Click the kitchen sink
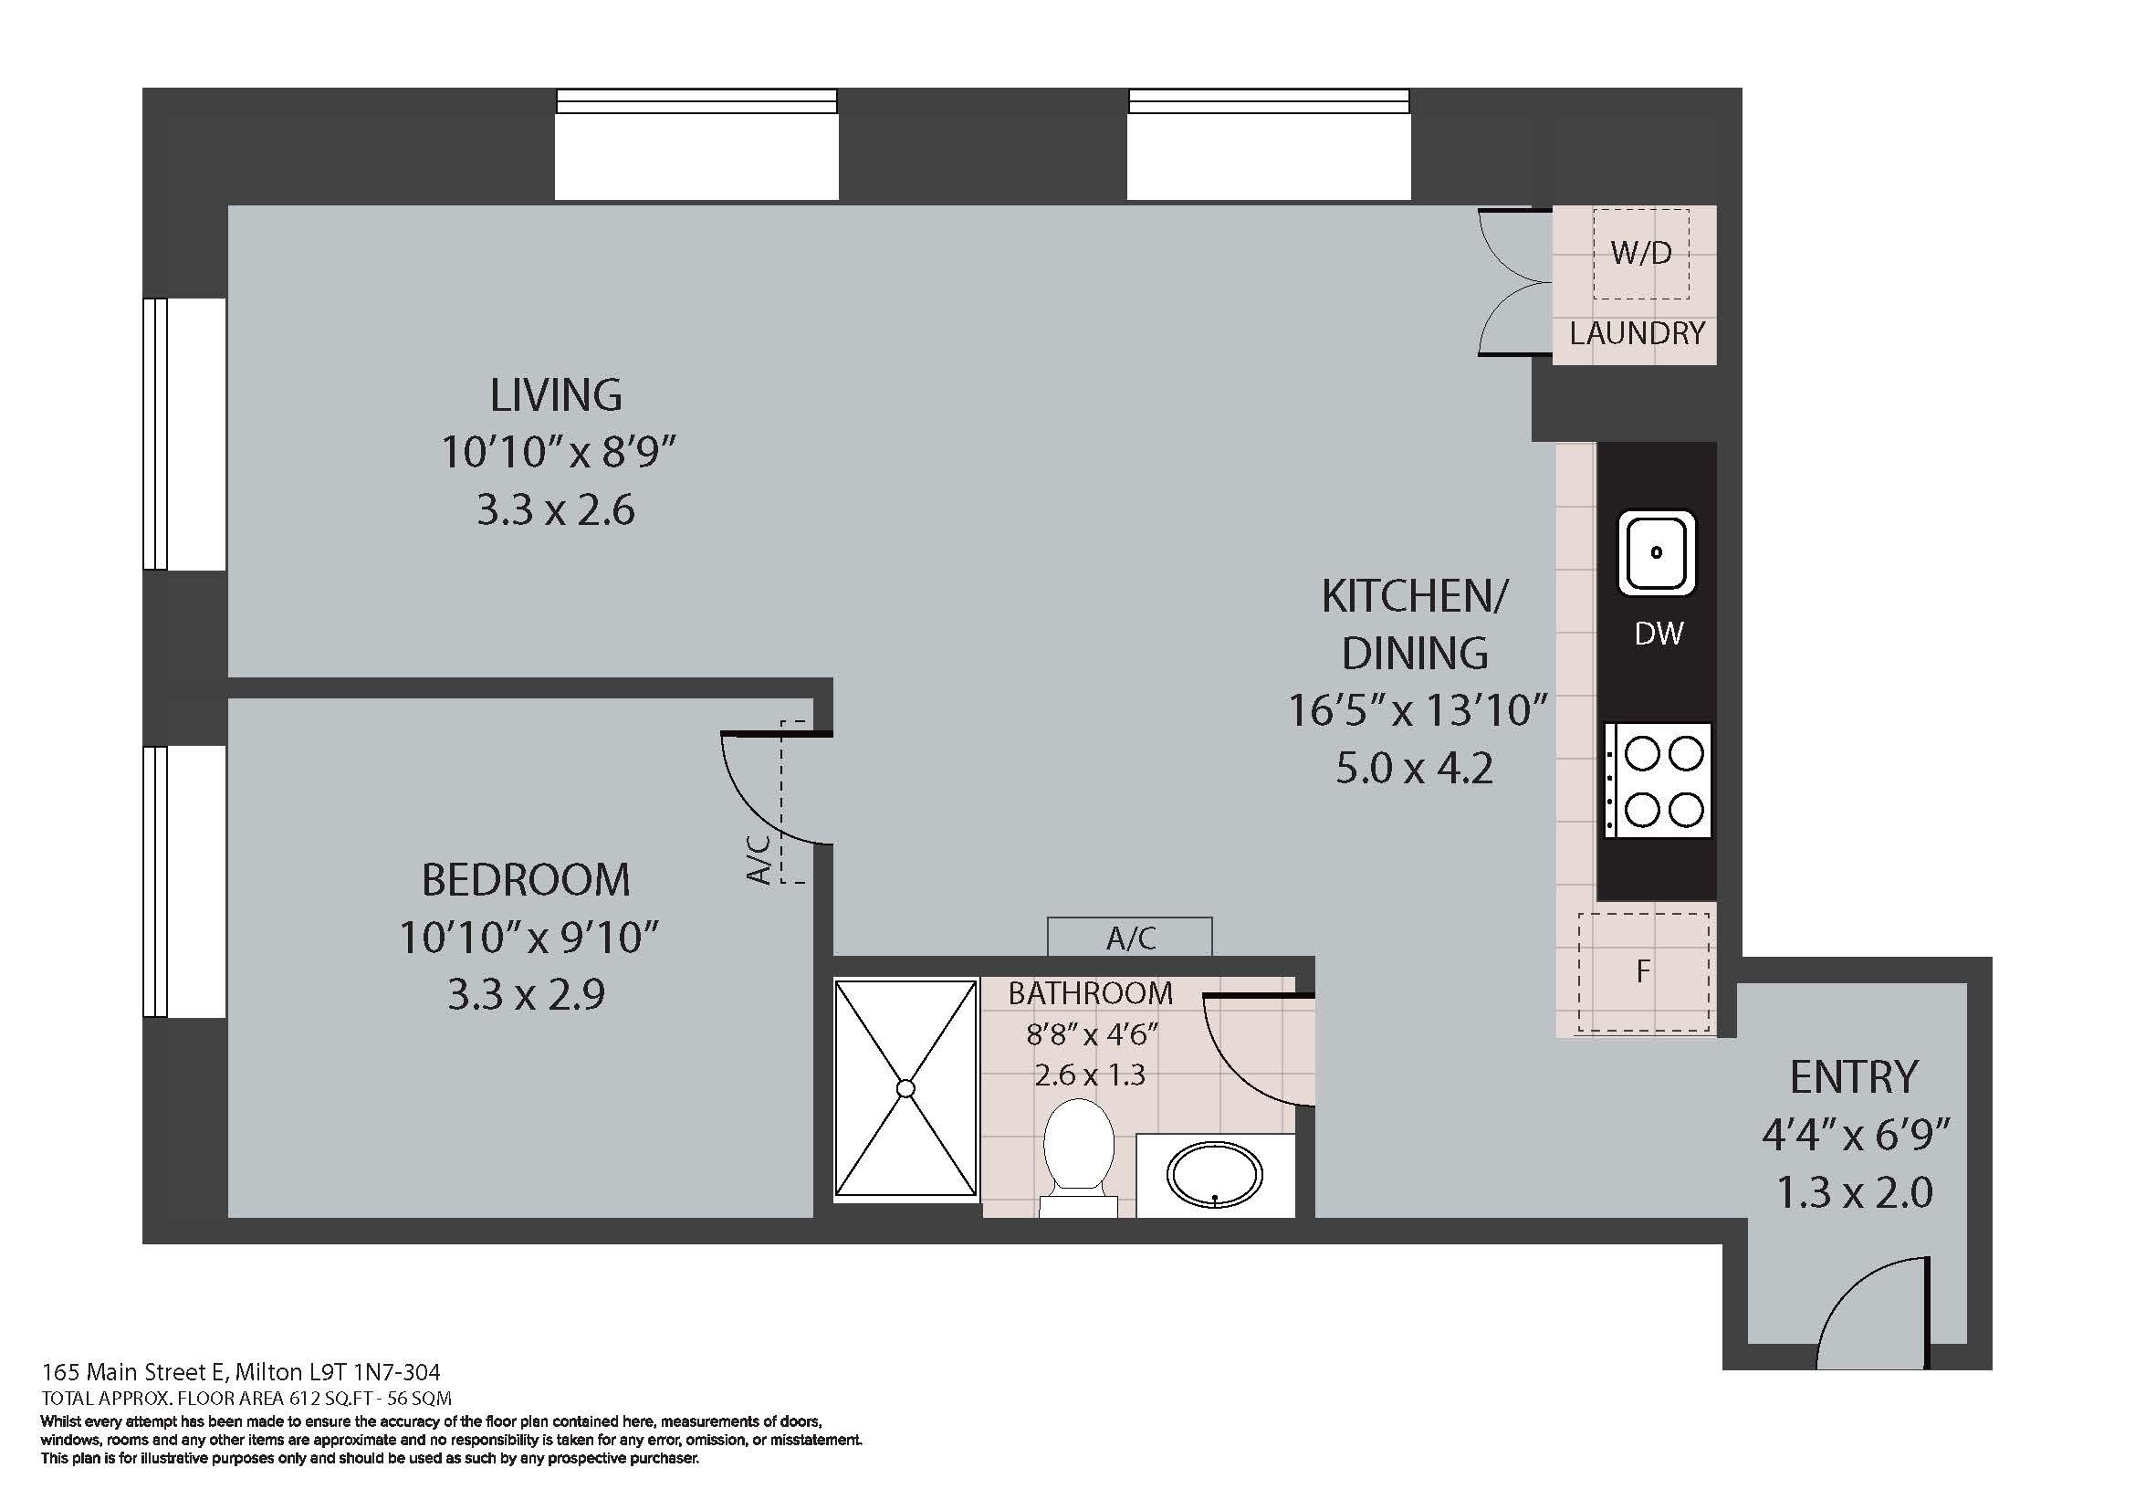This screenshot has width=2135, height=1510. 1657,552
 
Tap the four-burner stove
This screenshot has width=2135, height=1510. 1658,781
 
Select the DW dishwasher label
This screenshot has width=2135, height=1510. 1659,634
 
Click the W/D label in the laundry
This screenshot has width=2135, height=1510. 1641,252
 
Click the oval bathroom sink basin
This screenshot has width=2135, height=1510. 1215,1175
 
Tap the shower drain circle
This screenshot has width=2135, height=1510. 905,1089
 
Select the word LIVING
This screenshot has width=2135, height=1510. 556,395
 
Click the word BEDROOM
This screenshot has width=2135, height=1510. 527,879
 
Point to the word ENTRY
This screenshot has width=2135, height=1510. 1854,1076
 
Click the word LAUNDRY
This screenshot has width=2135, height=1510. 1638,333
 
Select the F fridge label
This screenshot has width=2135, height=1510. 1643,971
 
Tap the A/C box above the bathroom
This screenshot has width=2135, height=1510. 1130,938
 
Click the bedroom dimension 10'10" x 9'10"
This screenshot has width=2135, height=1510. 529,938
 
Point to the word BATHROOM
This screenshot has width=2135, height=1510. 1091,994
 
